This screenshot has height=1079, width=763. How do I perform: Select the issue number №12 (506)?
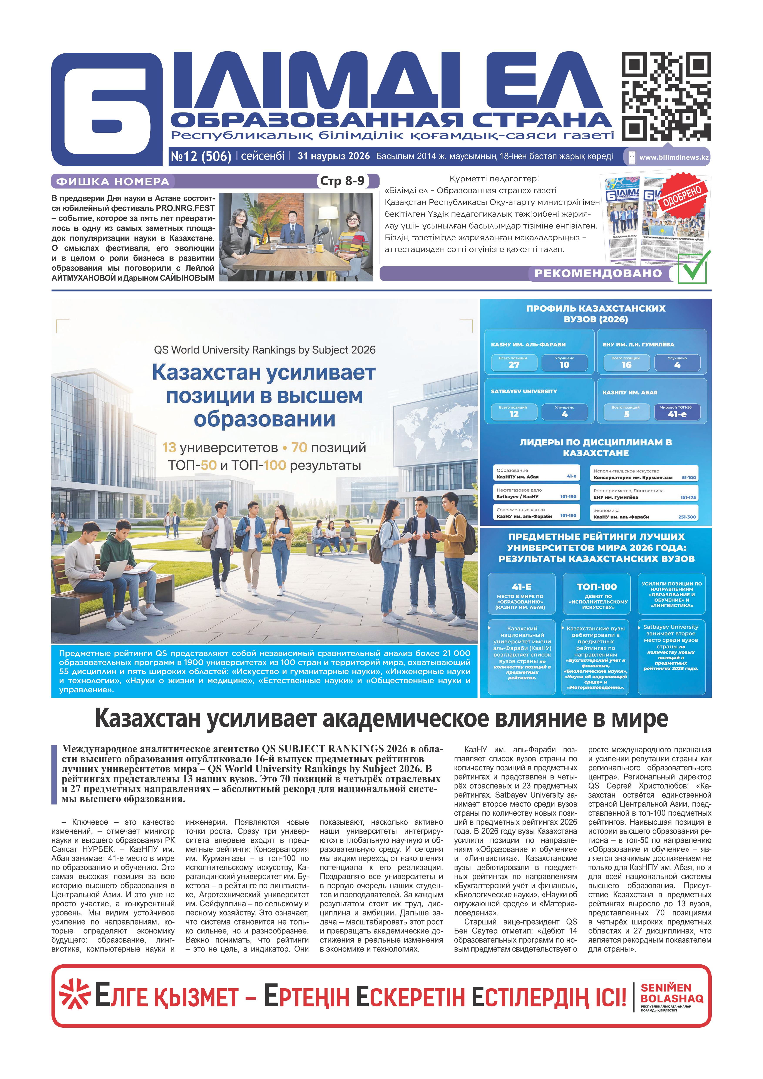tap(201, 157)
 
